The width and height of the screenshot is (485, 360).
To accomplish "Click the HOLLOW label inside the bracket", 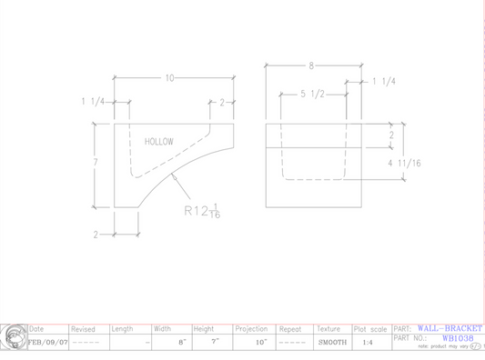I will click(x=158, y=142).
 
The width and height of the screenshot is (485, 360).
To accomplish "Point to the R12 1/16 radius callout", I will click(x=201, y=211).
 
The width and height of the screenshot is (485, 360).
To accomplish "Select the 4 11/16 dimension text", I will click(x=403, y=164).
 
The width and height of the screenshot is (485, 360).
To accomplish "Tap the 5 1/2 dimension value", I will click(x=313, y=94).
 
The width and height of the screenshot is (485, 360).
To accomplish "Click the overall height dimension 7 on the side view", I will click(x=95, y=160).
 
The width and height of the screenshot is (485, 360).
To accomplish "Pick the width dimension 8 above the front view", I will click(x=311, y=65).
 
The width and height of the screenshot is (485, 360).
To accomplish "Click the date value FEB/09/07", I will click(x=48, y=342).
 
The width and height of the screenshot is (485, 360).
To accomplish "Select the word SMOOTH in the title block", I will click(x=331, y=343).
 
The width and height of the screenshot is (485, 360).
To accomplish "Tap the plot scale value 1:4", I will click(x=368, y=343).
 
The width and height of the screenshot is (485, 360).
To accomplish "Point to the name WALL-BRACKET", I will click(x=451, y=327).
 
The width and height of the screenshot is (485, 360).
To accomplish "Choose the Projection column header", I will click(x=251, y=328).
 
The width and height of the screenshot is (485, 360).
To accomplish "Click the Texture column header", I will click(x=328, y=328).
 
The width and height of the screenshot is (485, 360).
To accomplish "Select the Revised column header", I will click(x=84, y=328).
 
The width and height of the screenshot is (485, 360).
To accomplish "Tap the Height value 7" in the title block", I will click(x=215, y=343).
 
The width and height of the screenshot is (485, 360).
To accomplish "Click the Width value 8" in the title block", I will click(x=182, y=343).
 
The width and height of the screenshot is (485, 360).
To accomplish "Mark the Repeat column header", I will click(x=290, y=328).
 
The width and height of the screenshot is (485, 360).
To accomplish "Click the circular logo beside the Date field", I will click(x=14, y=336).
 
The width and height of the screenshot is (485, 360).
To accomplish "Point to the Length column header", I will click(x=123, y=328).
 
